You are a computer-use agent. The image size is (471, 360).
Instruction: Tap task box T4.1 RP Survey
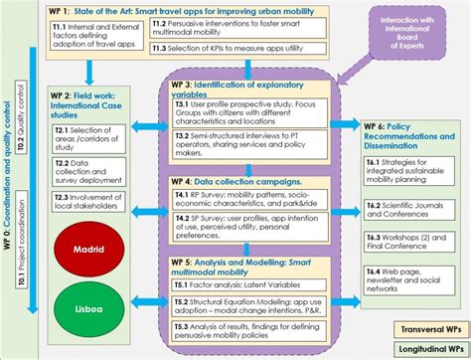(x=254, y=206)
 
